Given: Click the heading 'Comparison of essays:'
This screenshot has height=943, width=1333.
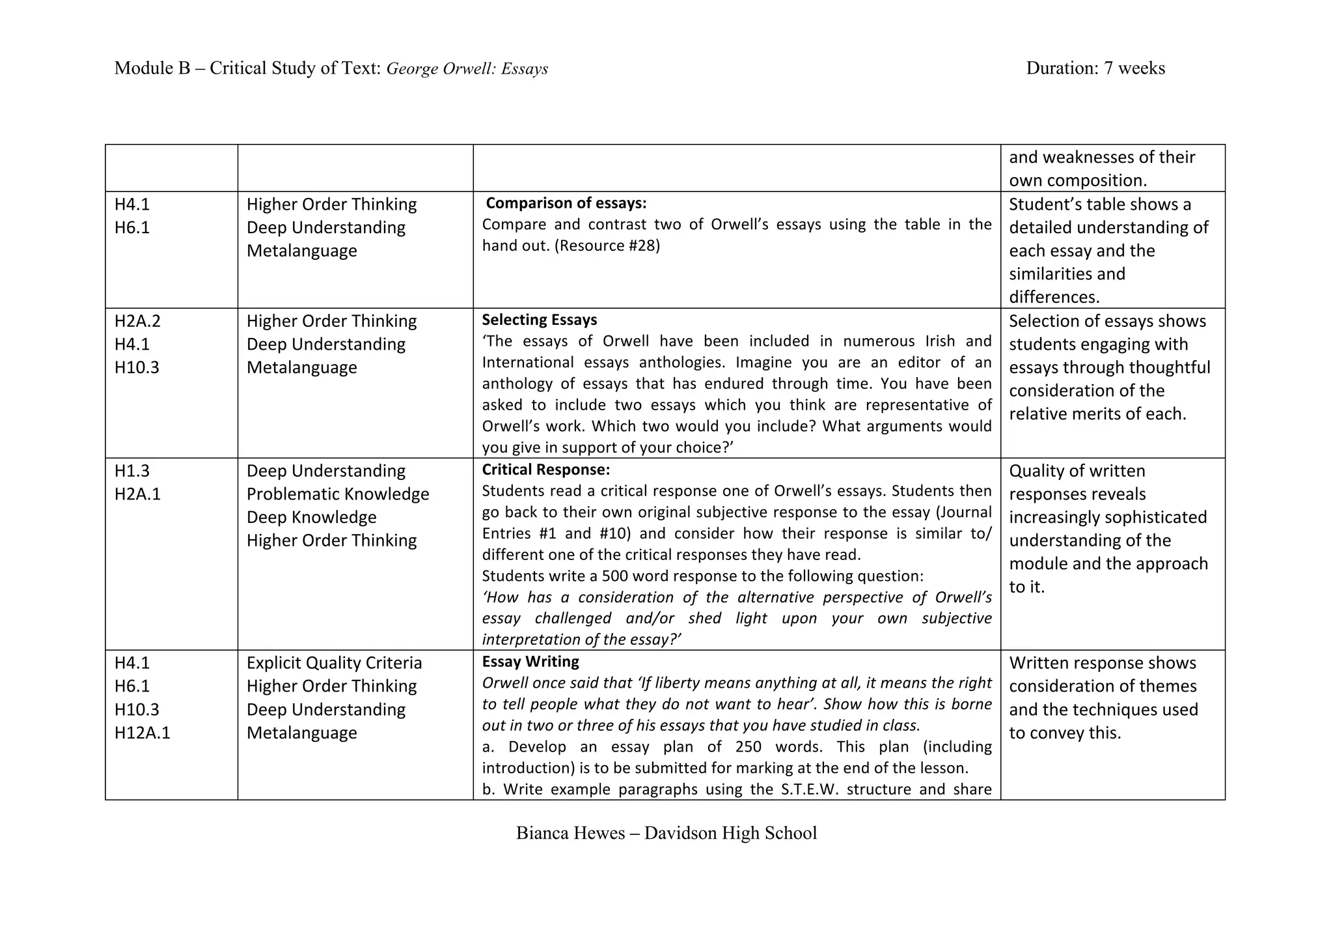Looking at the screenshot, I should tap(566, 203).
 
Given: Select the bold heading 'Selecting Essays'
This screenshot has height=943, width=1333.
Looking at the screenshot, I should tap(539, 320).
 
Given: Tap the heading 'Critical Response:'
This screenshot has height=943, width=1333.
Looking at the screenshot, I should tap(545, 470).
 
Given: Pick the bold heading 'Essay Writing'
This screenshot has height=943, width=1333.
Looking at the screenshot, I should tap(530, 662).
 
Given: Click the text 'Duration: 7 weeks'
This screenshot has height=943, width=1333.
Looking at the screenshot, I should tap(1095, 68).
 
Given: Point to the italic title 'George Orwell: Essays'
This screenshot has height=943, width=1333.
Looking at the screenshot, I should tap(467, 68).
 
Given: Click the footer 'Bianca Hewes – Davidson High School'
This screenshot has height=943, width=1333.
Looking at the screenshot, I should tap(666, 833).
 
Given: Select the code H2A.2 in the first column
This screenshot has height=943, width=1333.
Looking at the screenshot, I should tap(137, 321).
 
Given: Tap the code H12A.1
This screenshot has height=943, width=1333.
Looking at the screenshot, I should tap(142, 733).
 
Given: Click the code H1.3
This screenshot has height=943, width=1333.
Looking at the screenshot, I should tap(132, 471).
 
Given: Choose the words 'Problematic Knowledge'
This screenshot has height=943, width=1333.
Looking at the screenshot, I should tap(337, 494).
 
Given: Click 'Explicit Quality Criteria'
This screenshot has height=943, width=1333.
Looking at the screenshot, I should tap(334, 663).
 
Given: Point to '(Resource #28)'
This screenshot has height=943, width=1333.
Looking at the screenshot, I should tap(607, 246).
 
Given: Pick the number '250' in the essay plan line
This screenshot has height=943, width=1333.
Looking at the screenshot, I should tap(749, 746).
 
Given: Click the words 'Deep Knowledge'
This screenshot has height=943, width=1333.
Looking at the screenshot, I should tap(311, 517).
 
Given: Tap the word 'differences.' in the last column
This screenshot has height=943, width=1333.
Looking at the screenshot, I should tap(1054, 297).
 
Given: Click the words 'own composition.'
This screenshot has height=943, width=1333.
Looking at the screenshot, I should tap(1077, 180).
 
